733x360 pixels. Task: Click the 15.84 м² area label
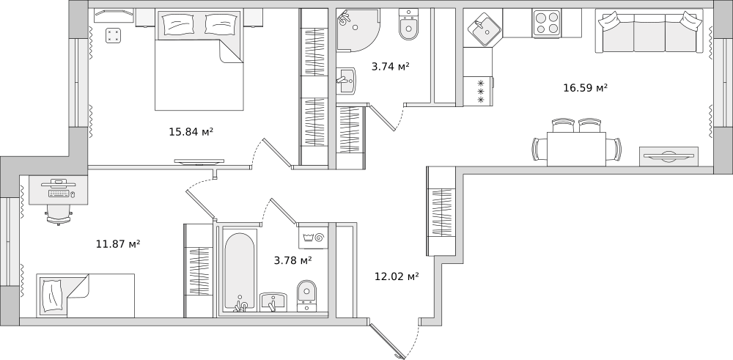tap(191, 132)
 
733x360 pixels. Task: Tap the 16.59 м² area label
tap(585, 87)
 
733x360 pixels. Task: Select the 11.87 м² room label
tap(118, 243)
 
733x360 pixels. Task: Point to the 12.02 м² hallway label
tap(397, 276)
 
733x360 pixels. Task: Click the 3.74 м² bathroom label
tap(391, 67)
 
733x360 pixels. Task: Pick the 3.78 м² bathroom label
tap(293, 260)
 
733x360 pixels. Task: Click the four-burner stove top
tap(547, 23)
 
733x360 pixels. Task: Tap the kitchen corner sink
tap(485, 29)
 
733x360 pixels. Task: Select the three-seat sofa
tap(649, 32)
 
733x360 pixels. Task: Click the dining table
tap(576, 149)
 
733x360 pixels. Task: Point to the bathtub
tap(240, 271)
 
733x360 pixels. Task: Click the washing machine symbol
tap(313, 238)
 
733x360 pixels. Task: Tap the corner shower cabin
tap(357, 30)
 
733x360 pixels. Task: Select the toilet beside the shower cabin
tap(408, 25)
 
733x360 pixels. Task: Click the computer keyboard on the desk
tap(59, 194)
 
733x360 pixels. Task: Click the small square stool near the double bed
tap(113, 35)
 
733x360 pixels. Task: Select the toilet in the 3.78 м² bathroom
tap(306, 295)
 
